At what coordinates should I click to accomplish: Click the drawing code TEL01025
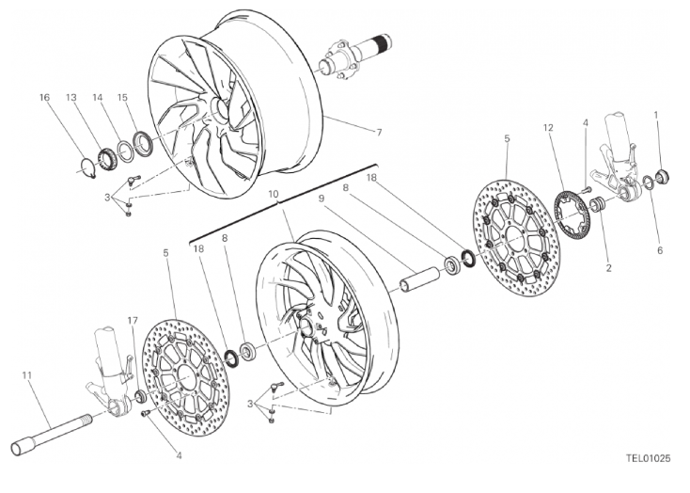pos(649,458)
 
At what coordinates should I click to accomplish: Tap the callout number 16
pos(44,97)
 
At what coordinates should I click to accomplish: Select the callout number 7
pos(379,132)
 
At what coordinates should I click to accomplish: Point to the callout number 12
pos(548,128)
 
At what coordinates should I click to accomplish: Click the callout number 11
pos(27,375)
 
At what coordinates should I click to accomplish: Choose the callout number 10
pos(273,194)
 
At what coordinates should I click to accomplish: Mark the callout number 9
pos(321,199)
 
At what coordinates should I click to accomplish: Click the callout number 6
pos(660,250)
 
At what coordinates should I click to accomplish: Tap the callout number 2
pos(608,267)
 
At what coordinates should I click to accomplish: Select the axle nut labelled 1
pos(662,175)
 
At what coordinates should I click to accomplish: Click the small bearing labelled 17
pos(140,395)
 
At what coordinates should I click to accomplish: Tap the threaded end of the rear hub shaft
pos(383,42)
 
